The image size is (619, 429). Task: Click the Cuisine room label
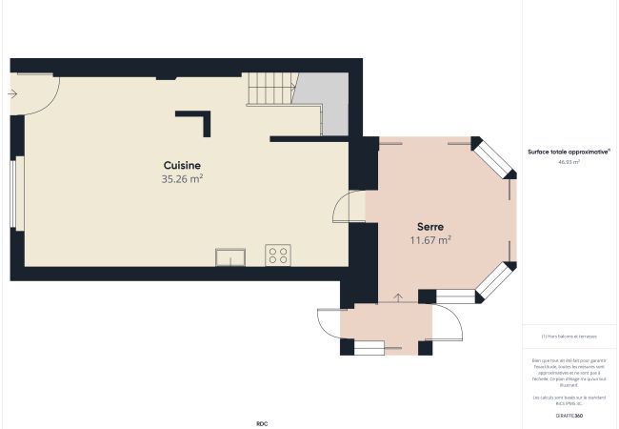tap(182, 165)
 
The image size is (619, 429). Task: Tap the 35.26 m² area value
tap(182, 178)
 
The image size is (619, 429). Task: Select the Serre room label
tap(429, 226)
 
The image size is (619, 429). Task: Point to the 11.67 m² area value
tap(429, 240)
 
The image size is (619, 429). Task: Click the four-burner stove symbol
tap(278, 255)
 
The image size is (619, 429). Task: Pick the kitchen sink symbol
tap(230, 256)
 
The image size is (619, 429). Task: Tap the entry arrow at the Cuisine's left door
tap(11, 93)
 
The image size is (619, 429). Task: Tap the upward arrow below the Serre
tap(397, 299)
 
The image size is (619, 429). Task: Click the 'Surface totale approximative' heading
tap(569, 151)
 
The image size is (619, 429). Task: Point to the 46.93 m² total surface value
tap(569, 162)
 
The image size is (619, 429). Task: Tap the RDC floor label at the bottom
tap(262, 423)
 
